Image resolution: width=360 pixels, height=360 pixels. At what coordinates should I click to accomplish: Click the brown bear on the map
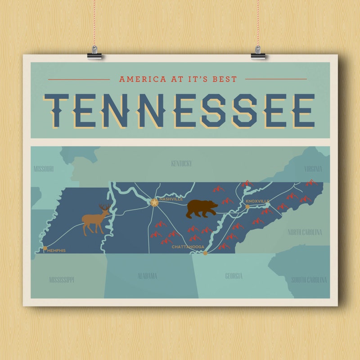click(x=202, y=209)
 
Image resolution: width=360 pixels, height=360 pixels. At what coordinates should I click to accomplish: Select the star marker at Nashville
click(x=154, y=203)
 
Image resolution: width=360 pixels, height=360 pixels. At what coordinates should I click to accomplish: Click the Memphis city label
click(x=56, y=250)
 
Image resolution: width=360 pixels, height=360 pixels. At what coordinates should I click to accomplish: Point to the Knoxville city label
click(x=257, y=200)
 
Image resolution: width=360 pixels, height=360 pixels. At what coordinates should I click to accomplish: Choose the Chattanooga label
click(x=188, y=247)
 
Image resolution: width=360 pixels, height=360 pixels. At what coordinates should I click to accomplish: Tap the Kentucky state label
click(x=181, y=163)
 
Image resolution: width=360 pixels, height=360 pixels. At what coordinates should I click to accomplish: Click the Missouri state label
click(x=44, y=169)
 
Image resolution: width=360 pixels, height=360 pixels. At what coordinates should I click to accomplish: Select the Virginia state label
click(x=313, y=169)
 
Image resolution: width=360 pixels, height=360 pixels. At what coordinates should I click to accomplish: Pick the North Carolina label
click(x=305, y=232)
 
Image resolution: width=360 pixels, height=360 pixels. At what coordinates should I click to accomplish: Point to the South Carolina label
click(x=309, y=280)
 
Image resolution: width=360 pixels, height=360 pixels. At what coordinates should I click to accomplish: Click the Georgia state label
click(x=234, y=276)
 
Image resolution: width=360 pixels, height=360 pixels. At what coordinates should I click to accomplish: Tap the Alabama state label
click(x=147, y=276)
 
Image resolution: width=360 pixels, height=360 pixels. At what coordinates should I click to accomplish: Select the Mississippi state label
click(x=61, y=280)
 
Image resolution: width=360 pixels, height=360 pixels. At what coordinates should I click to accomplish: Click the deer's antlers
click(x=104, y=207)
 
